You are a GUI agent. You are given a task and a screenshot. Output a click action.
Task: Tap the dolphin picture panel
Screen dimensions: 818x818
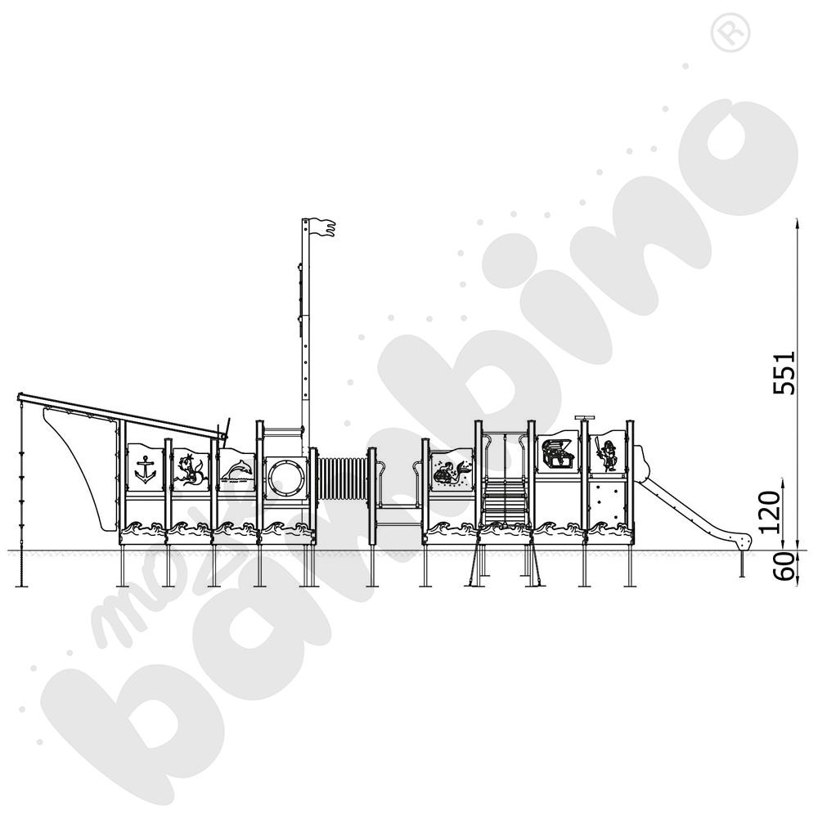[x=237, y=470]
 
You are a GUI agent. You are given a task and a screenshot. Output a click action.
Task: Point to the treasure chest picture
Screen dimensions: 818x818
[x=557, y=452]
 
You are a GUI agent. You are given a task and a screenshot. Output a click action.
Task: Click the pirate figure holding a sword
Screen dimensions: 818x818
[x=606, y=455]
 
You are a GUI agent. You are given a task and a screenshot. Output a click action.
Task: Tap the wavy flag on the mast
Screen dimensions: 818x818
[x=322, y=228]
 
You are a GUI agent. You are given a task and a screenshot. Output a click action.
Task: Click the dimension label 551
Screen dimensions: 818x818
[x=784, y=372]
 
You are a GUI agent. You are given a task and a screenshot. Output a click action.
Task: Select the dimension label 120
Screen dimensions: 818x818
[x=770, y=512]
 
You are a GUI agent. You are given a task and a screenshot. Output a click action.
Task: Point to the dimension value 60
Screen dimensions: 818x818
[x=784, y=567]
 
